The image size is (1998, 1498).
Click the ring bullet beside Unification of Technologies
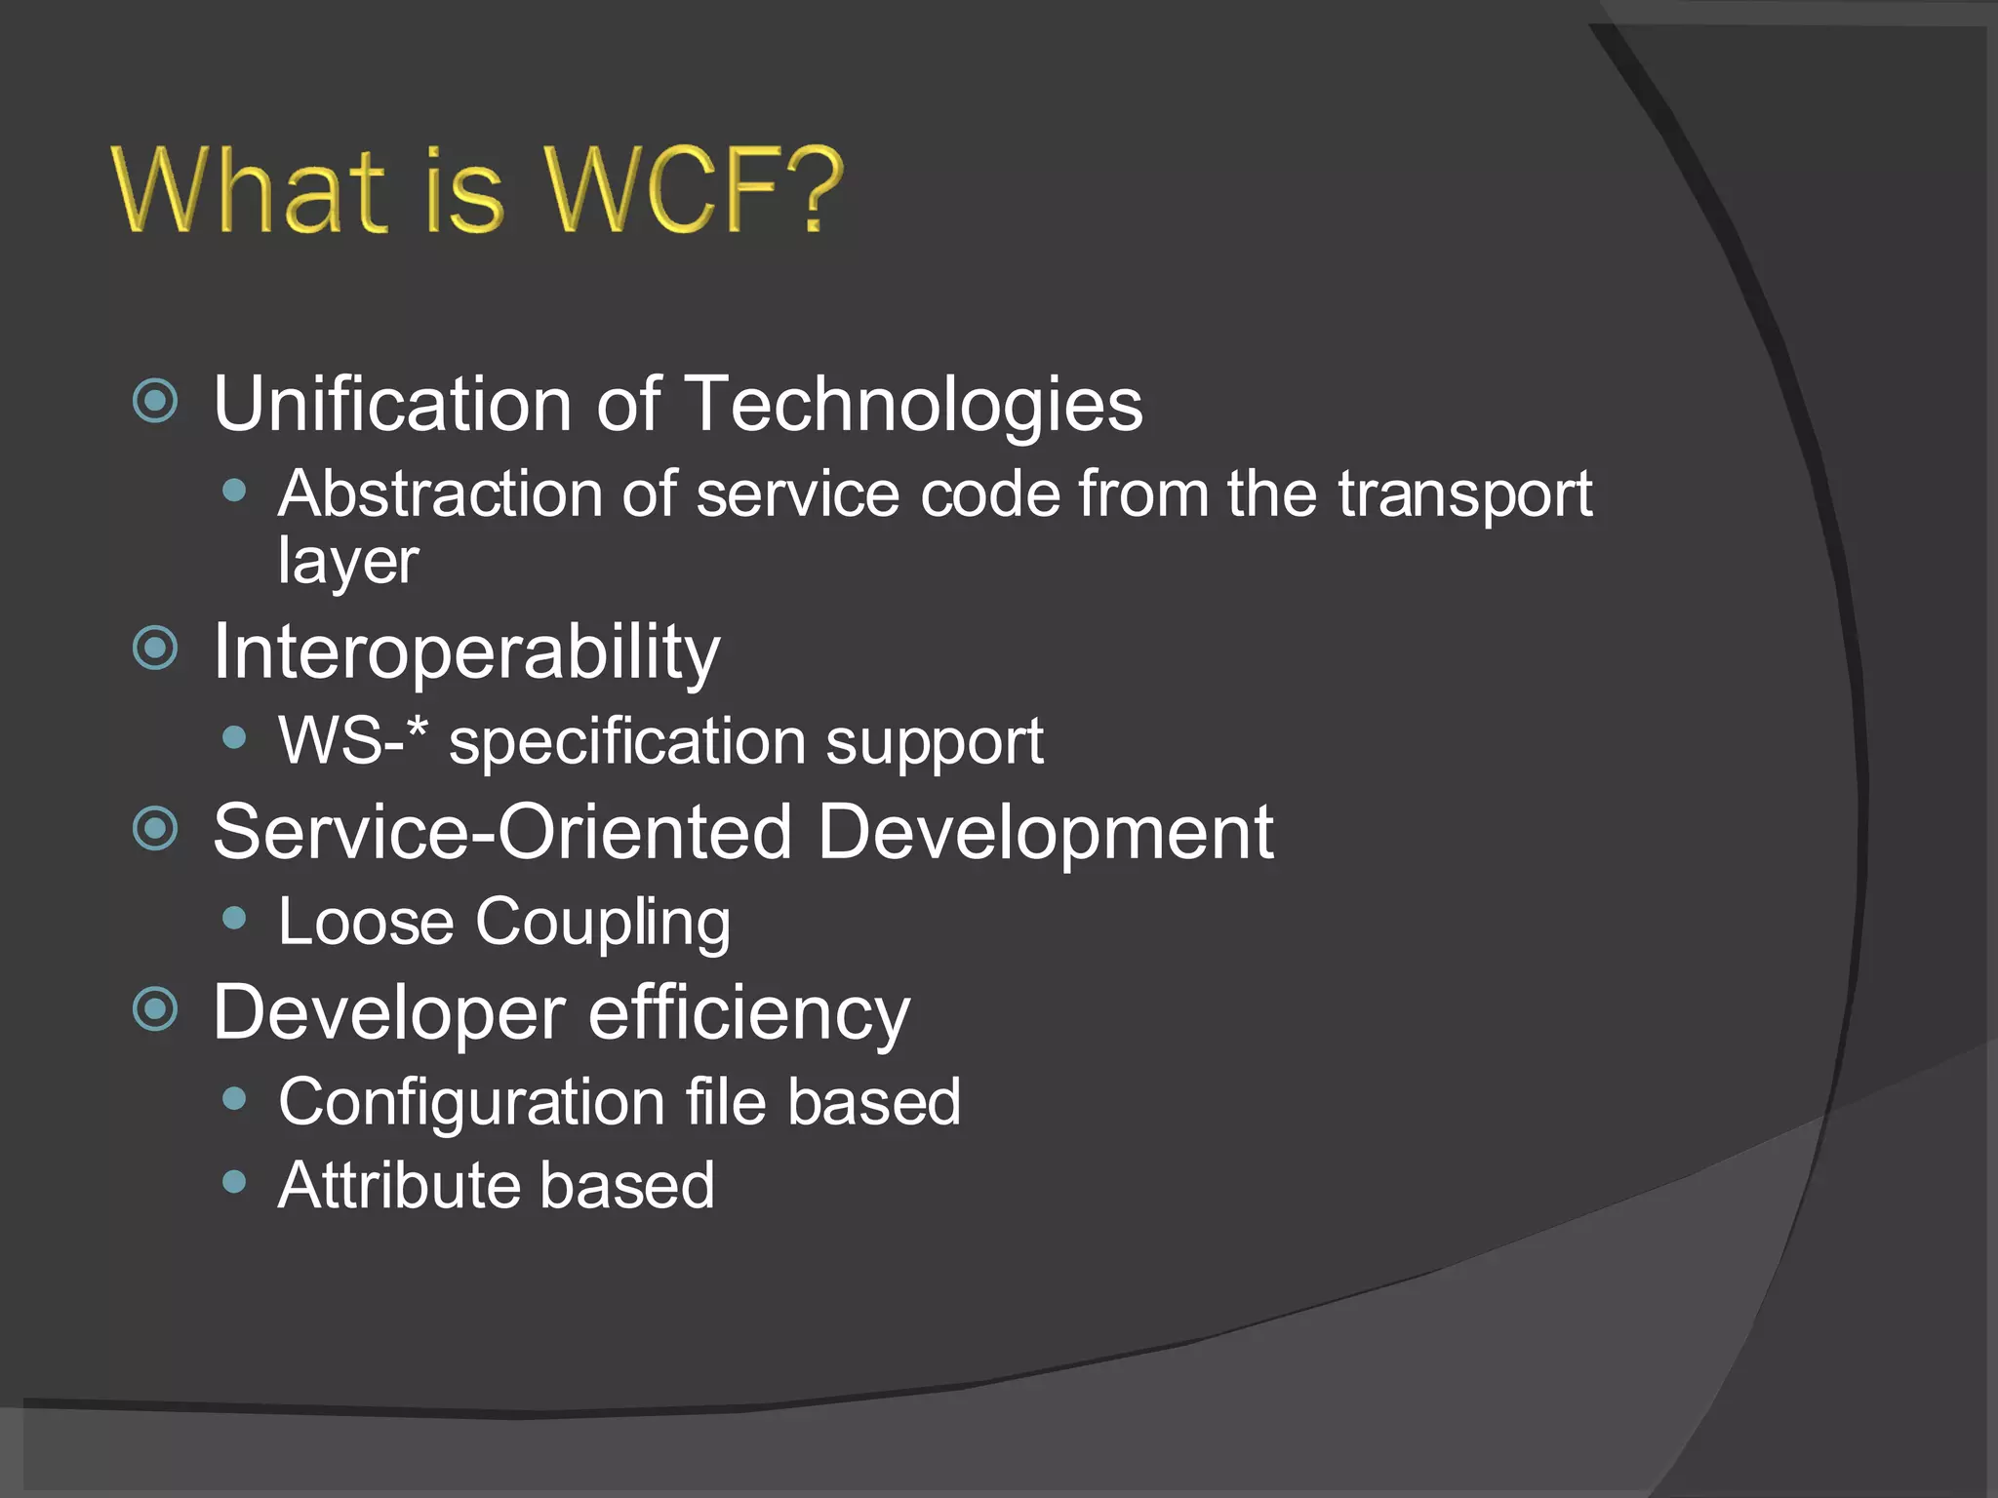click(155, 401)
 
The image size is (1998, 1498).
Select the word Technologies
click(913, 405)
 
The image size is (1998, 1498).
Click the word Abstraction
click(439, 493)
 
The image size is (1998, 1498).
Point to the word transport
click(1463, 495)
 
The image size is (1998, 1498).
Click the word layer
click(348, 562)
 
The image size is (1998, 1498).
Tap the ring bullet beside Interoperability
click(155, 649)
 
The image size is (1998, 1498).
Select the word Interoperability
click(466, 652)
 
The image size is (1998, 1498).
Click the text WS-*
click(352, 741)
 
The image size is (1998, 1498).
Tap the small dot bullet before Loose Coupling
click(234, 918)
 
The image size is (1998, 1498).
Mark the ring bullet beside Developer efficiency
click(155, 1009)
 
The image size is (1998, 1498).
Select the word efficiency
click(748, 1014)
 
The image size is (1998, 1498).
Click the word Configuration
click(471, 1103)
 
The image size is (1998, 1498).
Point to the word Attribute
click(397, 1185)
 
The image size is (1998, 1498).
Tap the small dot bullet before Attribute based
click(234, 1182)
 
